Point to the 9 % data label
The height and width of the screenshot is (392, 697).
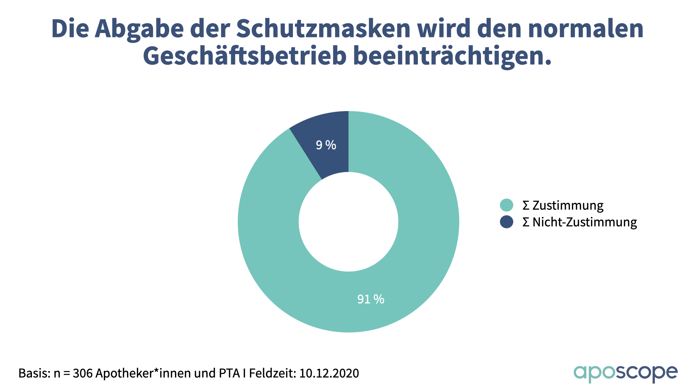tap(326, 145)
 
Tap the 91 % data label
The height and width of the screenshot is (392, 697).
tap(371, 299)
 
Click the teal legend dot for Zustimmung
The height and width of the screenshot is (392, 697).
tap(506, 205)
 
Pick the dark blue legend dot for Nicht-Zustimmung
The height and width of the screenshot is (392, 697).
tap(506, 222)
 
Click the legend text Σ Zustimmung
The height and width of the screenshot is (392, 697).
tap(563, 205)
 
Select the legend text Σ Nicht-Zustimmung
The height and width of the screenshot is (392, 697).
tap(580, 222)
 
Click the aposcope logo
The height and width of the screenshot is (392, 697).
tap(625, 373)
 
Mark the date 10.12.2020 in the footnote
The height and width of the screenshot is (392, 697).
tap(329, 373)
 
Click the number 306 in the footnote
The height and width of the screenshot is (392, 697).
tap(83, 373)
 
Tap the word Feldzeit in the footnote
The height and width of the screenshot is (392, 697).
tap(272, 373)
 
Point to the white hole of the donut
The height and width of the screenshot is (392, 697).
tap(348, 222)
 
